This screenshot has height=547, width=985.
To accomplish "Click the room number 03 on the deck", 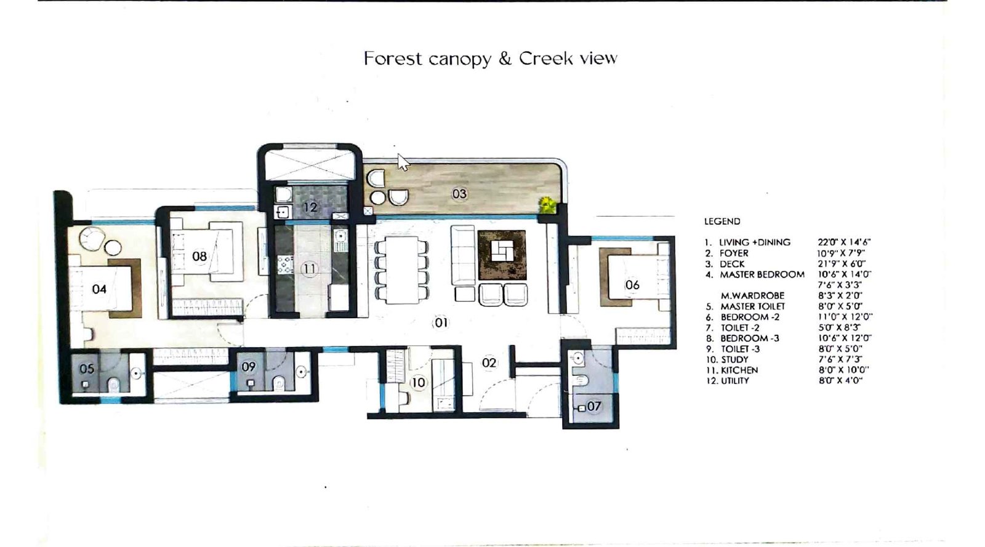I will [x=459, y=194].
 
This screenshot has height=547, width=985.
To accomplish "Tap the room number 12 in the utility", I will [x=310, y=207].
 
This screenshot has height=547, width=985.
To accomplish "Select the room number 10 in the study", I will [x=418, y=383].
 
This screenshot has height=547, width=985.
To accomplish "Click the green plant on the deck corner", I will [x=547, y=205].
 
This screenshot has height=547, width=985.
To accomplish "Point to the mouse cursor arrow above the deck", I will [x=402, y=162].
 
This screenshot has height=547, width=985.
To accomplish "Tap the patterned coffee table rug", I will [x=502, y=255].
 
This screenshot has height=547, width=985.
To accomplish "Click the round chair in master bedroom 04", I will [x=94, y=238].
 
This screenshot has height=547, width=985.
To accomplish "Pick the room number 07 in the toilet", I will [x=593, y=406].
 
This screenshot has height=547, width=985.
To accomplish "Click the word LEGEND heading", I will [x=722, y=222].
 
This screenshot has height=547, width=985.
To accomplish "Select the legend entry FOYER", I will [x=734, y=253].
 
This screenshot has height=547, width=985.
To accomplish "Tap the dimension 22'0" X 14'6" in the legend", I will [x=844, y=242].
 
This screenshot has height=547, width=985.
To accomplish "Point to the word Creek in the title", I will [x=546, y=58].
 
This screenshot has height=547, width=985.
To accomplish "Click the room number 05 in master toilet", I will [x=87, y=369].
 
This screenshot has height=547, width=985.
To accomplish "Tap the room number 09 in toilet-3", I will [x=248, y=367].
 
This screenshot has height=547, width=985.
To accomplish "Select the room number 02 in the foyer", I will [x=489, y=363].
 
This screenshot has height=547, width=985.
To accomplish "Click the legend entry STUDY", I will [x=734, y=359].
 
